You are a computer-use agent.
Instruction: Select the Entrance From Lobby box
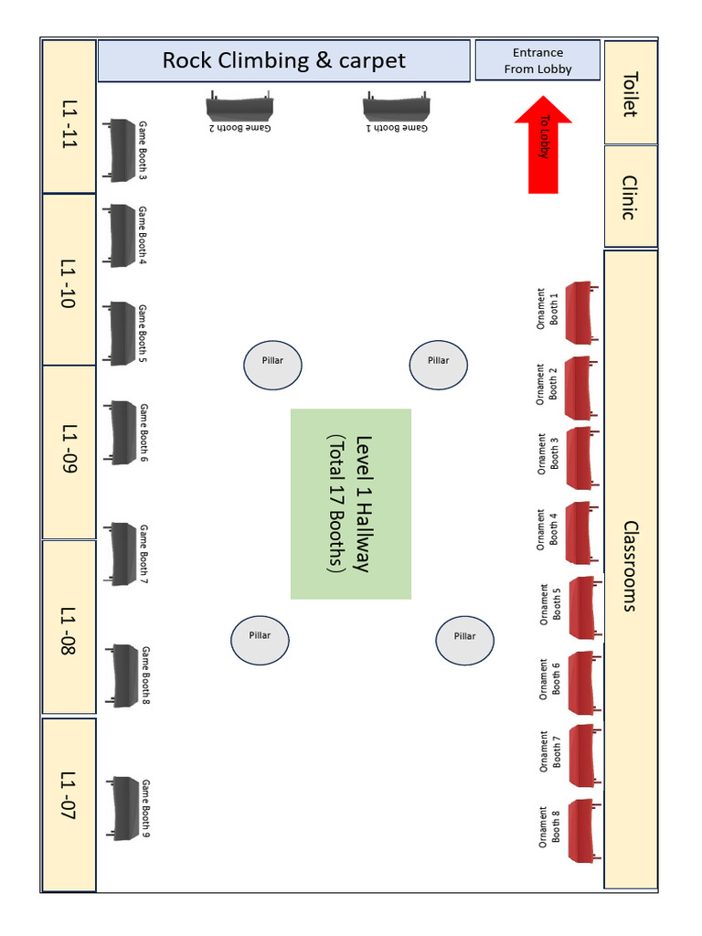tap(537, 60)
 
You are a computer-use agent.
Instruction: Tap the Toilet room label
tap(630, 93)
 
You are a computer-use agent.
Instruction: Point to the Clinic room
tap(630, 197)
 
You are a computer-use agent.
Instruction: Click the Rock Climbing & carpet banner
tap(283, 60)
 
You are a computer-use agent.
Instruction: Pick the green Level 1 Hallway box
tap(351, 504)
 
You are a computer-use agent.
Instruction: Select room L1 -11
tap(69, 117)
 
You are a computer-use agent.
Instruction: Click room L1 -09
tap(69, 451)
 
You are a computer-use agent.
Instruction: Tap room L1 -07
tap(69, 804)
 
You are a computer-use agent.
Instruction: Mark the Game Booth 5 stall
tap(119, 334)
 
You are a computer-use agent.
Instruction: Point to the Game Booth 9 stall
tap(122, 808)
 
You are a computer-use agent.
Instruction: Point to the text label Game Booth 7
tap(144, 554)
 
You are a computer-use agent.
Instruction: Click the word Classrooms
tap(630, 566)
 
